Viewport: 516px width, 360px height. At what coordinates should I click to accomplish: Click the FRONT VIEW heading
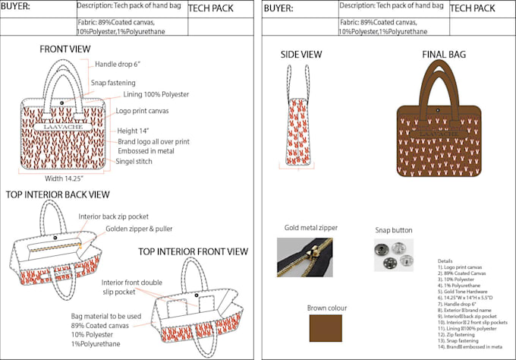click(x=65, y=49)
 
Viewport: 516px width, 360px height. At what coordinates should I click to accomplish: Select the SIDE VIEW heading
click(x=300, y=55)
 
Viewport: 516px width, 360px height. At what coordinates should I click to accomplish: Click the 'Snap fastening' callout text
click(x=113, y=82)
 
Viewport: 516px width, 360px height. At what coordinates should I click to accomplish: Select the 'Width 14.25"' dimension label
click(x=64, y=179)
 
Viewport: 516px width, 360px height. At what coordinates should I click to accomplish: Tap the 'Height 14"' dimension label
click(x=133, y=131)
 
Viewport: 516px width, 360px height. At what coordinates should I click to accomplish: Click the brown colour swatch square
click(x=326, y=328)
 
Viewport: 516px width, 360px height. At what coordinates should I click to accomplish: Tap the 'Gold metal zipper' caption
click(x=311, y=228)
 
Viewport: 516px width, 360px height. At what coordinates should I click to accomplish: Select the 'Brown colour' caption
click(x=328, y=308)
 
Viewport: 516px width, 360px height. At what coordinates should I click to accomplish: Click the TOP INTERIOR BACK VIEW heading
click(x=58, y=194)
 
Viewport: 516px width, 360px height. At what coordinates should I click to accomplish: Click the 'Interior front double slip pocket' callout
click(x=130, y=287)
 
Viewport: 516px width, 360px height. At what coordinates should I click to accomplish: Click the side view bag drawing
click(x=298, y=118)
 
